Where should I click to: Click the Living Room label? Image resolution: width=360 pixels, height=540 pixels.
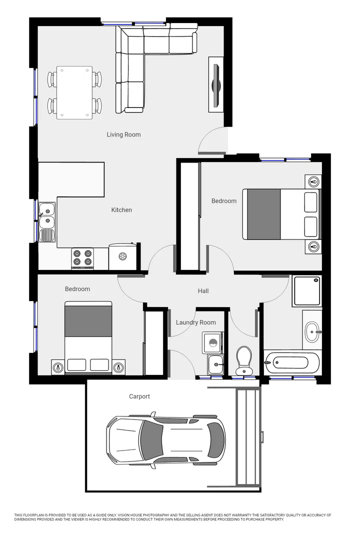(123, 134)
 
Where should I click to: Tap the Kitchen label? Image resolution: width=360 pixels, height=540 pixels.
(121, 210)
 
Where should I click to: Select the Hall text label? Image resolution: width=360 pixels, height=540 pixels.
(203, 291)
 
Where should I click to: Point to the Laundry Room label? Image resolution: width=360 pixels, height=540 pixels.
(195, 322)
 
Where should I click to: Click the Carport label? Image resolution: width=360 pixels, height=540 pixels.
(139, 396)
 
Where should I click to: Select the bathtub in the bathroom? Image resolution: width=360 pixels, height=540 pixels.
(292, 361)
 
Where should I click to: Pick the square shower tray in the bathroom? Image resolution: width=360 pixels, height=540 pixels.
(307, 290)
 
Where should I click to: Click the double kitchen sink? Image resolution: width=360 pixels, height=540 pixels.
(47, 215)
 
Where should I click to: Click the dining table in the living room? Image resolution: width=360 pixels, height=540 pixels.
(74, 92)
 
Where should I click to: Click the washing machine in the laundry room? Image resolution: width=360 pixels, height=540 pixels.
(213, 343)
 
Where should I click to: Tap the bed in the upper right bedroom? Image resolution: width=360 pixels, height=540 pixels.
(281, 214)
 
